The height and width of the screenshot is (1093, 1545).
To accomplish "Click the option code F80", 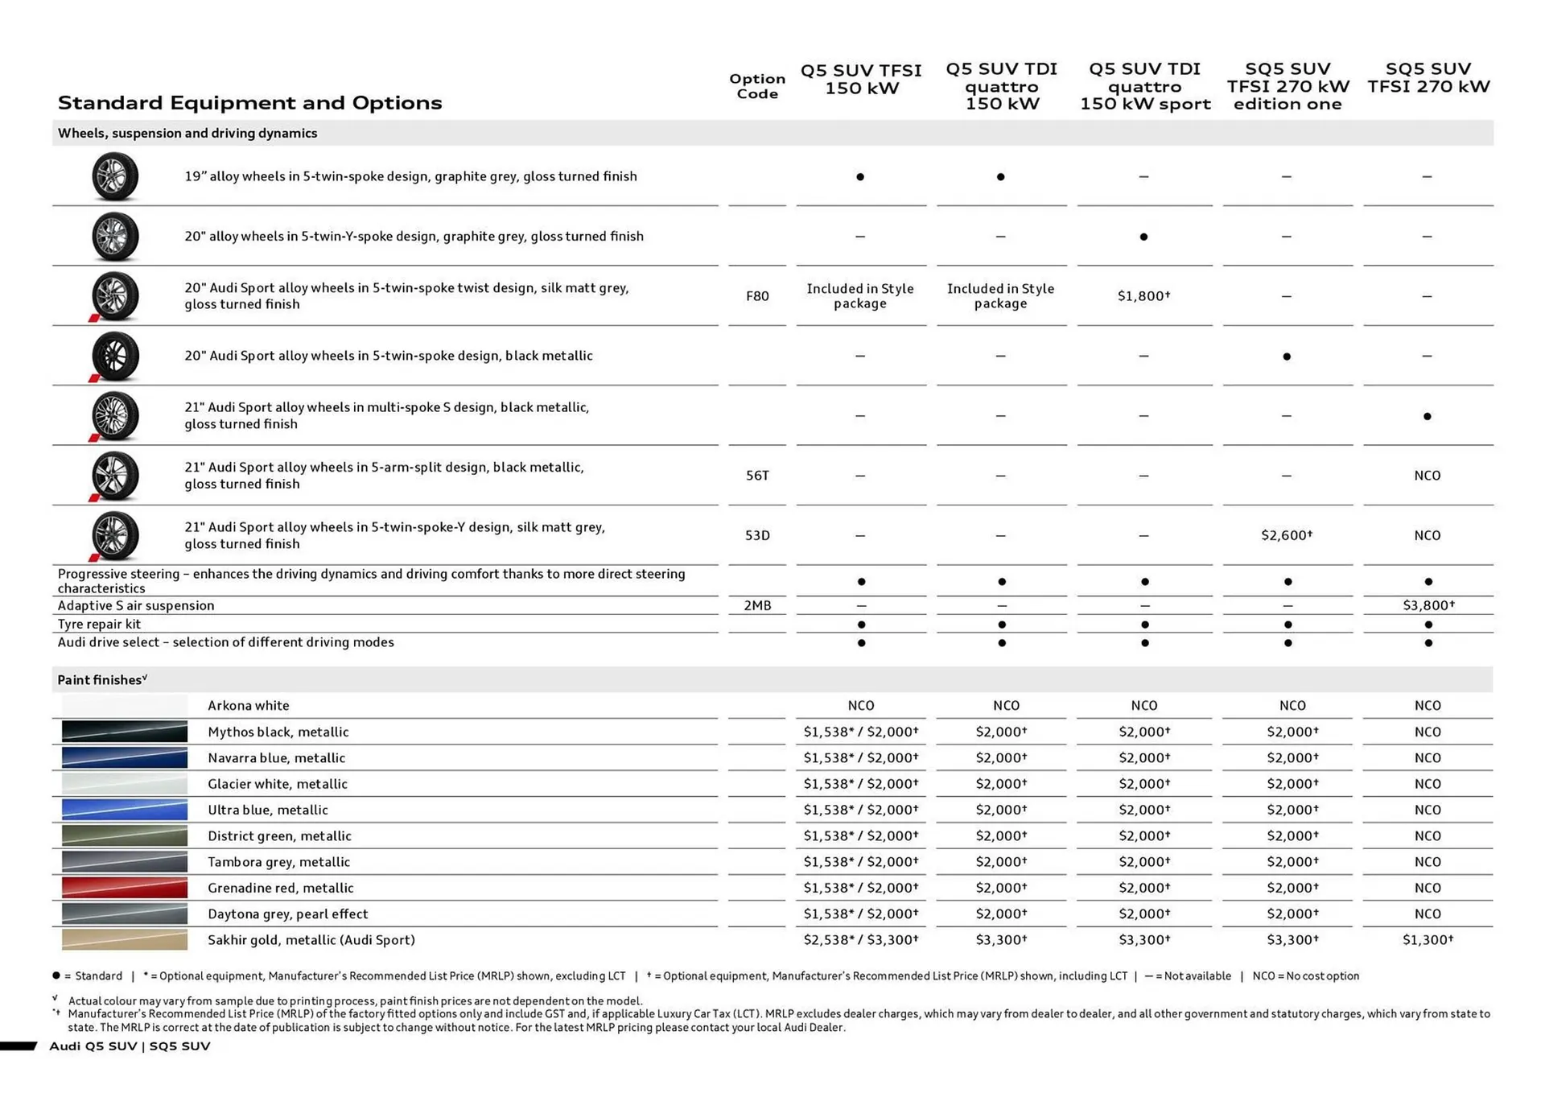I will [756, 296].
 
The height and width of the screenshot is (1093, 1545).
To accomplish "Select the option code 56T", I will [756, 476].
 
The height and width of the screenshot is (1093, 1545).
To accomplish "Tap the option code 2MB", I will [756, 605].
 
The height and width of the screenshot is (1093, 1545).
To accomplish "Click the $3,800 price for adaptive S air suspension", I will [1428, 605].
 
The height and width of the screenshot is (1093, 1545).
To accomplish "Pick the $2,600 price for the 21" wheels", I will [1286, 535].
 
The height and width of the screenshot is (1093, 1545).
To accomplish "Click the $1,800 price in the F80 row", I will [1143, 296].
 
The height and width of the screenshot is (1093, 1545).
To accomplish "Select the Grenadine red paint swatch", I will [125, 888].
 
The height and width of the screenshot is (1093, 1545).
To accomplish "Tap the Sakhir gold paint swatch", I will [125, 939].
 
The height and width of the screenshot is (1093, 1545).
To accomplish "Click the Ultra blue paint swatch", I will [125, 810].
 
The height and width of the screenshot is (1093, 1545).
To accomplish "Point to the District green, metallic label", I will [279, 835].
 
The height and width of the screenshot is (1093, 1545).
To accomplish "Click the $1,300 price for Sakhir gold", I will [1427, 939].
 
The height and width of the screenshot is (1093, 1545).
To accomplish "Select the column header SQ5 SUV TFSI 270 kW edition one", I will [1287, 86].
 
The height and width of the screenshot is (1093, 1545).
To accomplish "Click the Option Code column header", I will [756, 86].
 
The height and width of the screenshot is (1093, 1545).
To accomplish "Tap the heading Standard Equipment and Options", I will [249, 103].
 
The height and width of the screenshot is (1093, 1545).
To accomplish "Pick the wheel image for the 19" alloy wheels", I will [114, 176].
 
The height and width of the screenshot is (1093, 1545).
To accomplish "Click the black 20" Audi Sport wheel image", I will [114, 356].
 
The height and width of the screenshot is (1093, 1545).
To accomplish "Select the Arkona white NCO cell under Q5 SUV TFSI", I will [860, 705].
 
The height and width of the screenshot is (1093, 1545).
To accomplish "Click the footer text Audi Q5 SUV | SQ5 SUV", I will [130, 1046].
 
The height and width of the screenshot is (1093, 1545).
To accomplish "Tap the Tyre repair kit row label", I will [99, 624].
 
